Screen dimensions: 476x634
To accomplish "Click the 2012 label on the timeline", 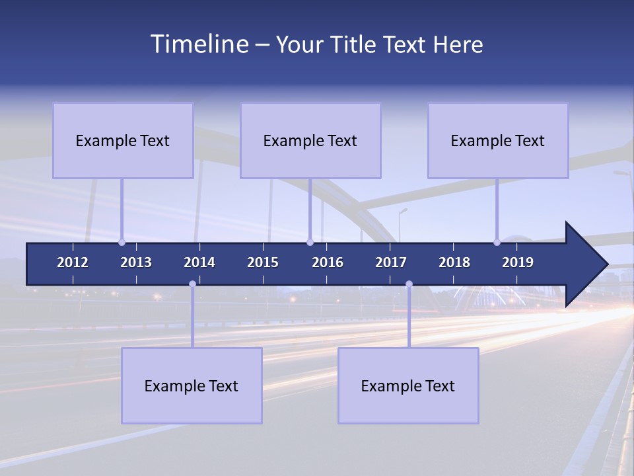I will (x=73, y=262).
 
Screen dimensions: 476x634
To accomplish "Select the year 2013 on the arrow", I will (x=136, y=262).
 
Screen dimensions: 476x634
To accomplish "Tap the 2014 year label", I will (x=199, y=262).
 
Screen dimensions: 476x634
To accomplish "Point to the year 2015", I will (x=263, y=262).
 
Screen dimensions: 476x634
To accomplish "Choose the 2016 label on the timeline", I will (x=328, y=262).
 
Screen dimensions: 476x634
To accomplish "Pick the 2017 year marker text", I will (x=391, y=262).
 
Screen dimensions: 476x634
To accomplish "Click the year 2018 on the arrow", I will (x=454, y=262).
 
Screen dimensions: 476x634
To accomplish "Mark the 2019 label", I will (x=518, y=262).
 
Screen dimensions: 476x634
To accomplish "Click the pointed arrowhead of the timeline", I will (x=587, y=264).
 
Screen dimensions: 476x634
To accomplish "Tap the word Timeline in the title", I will (x=199, y=44).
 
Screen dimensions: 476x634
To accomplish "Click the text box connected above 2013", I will (x=123, y=140).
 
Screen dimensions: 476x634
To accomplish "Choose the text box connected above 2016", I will (x=310, y=140).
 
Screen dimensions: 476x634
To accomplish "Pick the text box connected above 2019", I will (x=498, y=140).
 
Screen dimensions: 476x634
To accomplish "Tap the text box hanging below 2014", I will (x=192, y=385).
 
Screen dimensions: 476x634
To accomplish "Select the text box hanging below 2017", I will (x=408, y=385).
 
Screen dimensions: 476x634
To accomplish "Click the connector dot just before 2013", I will (x=122, y=242).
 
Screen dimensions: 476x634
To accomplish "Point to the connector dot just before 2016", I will (x=310, y=242).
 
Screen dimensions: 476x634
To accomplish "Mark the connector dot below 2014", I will (x=192, y=284).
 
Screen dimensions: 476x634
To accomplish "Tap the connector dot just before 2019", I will (x=497, y=242).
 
